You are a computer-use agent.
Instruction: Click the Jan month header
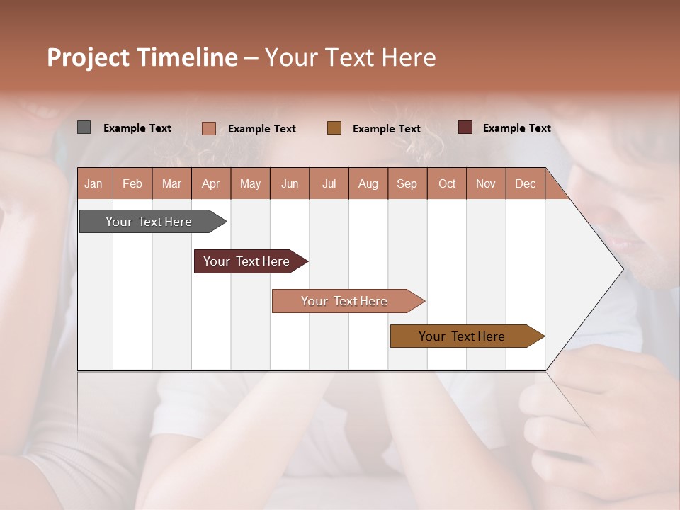point(94,183)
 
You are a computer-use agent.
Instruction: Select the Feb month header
point(132,183)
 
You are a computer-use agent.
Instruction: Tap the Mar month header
point(171,183)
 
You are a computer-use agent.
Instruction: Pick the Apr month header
point(211,183)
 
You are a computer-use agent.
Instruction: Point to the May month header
point(250,183)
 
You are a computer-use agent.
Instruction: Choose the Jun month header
point(290,183)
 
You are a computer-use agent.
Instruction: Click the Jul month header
point(329,183)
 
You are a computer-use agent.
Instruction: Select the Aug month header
point(368,183)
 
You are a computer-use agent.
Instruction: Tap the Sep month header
point(407,183)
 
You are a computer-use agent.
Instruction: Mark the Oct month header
point(447,183)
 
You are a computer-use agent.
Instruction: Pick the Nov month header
point(486,183)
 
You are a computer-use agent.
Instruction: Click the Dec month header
point(526,183)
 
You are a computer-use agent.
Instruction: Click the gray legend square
point(84,127)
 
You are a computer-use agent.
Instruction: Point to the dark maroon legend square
point(465,127)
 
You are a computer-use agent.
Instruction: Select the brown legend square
point(334,128)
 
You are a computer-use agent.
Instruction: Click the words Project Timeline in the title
point(142,57)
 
